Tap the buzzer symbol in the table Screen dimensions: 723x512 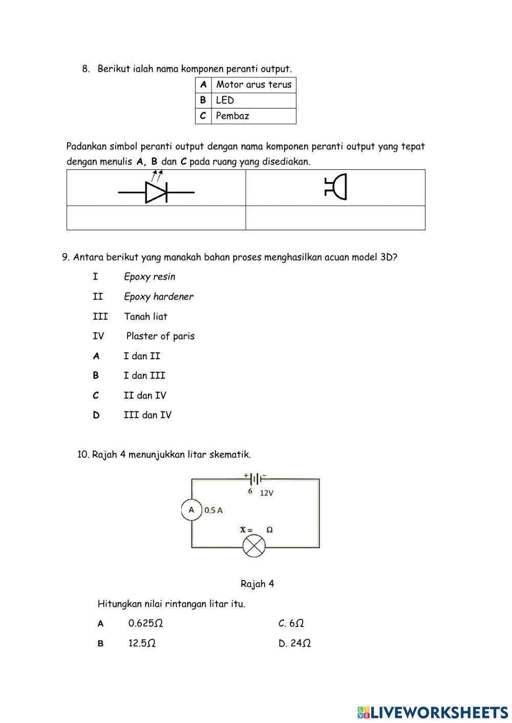(x=336, y=187)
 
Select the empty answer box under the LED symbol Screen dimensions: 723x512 (x=156, y=218)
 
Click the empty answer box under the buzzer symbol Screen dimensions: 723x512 (x=335, y=218)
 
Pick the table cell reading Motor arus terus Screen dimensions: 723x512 (x=253, y=85)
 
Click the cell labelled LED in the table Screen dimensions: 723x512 (x=253, y=100)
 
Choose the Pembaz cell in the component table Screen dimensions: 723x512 (x=253, y=116)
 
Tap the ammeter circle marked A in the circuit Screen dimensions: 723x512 (x=191, y=510)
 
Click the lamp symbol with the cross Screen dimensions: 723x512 (x=254, y=546)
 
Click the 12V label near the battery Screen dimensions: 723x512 (x=266, y=493)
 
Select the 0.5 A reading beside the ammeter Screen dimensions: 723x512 (x=214, y=510)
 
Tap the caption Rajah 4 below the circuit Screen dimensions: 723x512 (x=257, y=584)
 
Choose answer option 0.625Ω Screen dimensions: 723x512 (x=145, y=623)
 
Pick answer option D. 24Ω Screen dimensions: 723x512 (x=294, y=643)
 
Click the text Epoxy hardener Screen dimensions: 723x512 (x=158, y=297)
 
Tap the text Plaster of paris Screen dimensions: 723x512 (x=160, y=336)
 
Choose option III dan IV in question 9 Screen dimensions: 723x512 (x=147, y=415)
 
